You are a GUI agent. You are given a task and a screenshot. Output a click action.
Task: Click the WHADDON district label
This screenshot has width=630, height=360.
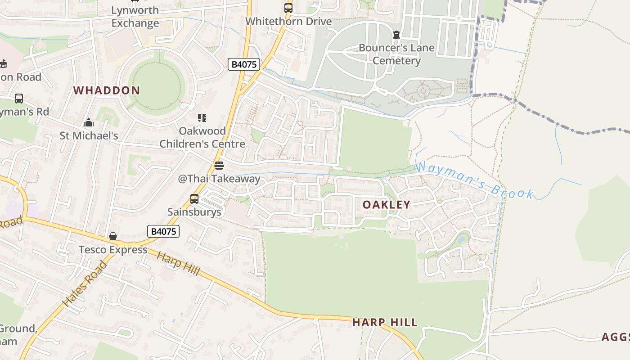point(107,90)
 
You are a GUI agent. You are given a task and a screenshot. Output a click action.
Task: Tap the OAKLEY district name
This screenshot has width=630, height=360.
point(387,205)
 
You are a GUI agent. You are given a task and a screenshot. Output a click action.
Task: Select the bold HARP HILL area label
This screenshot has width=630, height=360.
point(385,323)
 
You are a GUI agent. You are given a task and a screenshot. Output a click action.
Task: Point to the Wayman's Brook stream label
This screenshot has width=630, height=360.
point(475,181)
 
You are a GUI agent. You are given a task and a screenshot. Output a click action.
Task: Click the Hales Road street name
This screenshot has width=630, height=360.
point(85,283)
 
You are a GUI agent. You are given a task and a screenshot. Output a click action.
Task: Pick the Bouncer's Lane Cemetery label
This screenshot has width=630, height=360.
point(396,54)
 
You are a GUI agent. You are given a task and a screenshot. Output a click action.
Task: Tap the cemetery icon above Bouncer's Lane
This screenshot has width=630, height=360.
point(396,35)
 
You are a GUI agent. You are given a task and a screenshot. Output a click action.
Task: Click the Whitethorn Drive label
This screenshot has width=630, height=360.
point(288,21)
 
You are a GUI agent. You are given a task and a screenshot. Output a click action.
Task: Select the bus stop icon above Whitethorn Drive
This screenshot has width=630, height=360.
point(288,8)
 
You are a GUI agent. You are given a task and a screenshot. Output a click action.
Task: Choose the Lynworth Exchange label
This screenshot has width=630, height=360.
point(135,17)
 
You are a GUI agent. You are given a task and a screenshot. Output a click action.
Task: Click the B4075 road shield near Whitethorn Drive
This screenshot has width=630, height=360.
point(244,64)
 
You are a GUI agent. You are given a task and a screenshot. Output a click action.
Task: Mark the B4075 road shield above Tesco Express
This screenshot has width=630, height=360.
point(163,232)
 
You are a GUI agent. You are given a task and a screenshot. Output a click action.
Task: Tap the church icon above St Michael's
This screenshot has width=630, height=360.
point(89,122)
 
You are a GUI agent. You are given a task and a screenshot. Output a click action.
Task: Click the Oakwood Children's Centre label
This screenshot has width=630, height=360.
point(202,137)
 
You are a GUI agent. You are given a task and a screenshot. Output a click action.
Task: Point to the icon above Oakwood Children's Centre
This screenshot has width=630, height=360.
point(202,118)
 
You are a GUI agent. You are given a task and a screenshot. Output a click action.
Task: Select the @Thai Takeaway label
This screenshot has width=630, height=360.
point(219,179)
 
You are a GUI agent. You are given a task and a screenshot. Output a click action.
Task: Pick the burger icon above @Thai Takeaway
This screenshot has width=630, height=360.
point(219,165)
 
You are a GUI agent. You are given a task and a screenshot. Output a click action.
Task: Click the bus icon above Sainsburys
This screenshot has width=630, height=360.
point(194,198)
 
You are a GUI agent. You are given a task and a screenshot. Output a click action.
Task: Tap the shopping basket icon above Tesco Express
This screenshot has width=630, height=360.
point(113,236)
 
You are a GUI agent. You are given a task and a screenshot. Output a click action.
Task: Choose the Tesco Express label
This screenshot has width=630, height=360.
point(113,250)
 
